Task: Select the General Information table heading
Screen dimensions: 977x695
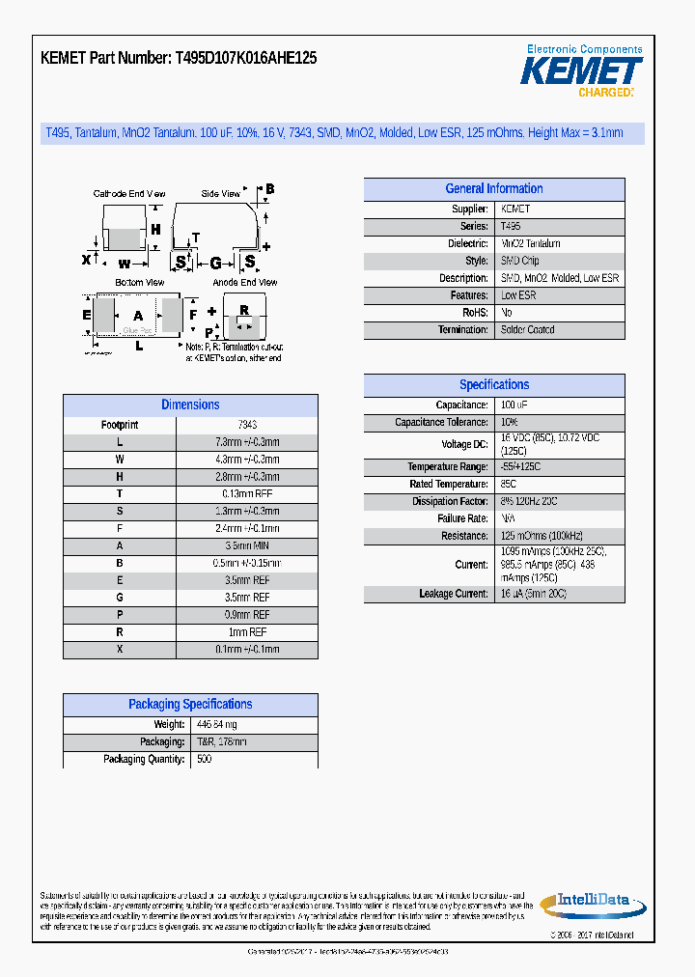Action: (494, 189)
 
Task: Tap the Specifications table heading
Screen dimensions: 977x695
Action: (494, 385)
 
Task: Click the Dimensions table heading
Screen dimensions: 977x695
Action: (190, 405)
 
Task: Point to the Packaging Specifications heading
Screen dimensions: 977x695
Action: (190, 705)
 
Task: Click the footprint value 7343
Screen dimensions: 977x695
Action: (247, 425)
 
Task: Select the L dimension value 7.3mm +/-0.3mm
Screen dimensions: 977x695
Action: (247, 442)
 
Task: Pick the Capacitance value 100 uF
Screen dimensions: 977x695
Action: (514, 405)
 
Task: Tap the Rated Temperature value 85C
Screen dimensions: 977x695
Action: (509, 485)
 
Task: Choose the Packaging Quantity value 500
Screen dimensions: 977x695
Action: (205, 760)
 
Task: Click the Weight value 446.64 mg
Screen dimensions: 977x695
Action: (217, 725)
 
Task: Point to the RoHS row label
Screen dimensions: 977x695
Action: (475, 313)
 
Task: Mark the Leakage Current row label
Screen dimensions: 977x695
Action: (454, 594)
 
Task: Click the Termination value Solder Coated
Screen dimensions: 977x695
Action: (527, 330)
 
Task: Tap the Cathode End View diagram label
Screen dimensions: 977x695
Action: (129, 194)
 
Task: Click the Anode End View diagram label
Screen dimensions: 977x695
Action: (245, 283)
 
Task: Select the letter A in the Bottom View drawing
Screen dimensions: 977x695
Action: (138, 316)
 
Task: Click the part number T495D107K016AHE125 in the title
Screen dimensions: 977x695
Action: (246, 58)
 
